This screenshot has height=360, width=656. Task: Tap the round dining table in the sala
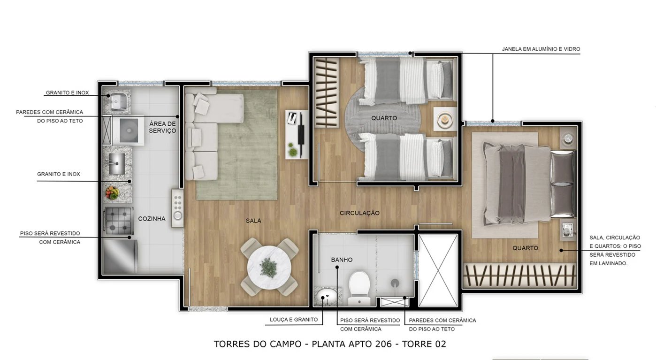pos(269,267)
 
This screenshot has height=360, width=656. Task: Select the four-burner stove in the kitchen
pos(118,220)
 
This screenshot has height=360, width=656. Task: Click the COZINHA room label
pos(152,219)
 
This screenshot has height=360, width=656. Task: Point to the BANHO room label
pos(342,260)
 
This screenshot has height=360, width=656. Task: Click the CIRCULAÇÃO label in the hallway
pos(359,213)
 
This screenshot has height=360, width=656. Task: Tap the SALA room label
pos(253,221)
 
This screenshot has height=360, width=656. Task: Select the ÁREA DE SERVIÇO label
pos(162,127)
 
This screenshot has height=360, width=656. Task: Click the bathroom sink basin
pos(325,296)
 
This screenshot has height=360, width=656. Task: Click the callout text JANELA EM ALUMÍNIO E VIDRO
pos(541,49)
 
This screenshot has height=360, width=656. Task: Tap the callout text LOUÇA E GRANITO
pos(294,320)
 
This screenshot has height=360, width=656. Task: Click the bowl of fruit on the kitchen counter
pos(112,192)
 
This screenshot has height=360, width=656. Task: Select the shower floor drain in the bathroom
pos(395,283)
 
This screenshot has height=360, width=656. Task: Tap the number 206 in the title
pos(384,344)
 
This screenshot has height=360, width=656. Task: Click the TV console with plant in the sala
pos(297,135)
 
